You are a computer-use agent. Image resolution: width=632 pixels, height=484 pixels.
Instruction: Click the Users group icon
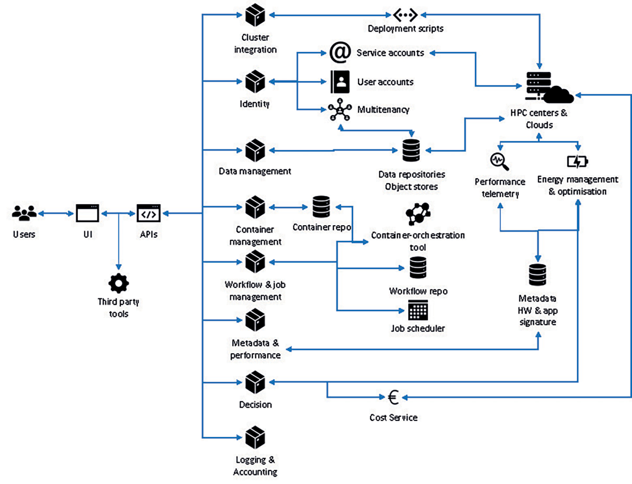click(24, 214)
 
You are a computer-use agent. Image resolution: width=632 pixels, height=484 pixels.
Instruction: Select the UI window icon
click(87, 214)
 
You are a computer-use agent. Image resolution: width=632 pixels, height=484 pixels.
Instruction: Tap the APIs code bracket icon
click(149, 214)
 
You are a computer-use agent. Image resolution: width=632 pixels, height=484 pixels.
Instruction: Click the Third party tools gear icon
click(118, 283)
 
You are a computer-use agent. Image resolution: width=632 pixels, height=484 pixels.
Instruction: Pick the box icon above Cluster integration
click(255, 16)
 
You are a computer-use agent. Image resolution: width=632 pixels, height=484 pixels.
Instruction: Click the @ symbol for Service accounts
click(340, 53)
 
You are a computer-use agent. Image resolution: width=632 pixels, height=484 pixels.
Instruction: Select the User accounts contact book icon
click(340, 82)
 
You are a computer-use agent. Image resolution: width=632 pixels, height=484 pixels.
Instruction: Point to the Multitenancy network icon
click(340, 111)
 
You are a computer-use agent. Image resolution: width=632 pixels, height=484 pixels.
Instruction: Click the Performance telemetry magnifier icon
click(498, 161)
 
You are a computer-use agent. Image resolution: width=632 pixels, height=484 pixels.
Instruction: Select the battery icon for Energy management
click(578, 161)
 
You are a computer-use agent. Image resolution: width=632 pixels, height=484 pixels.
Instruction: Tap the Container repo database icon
click(321, 207)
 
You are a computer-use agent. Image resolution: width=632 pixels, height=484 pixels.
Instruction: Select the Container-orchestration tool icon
click(418, 214)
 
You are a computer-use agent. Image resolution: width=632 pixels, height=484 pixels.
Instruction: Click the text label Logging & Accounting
click(255, 466)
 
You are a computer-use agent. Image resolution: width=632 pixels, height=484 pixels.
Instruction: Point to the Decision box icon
click(255, 382)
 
